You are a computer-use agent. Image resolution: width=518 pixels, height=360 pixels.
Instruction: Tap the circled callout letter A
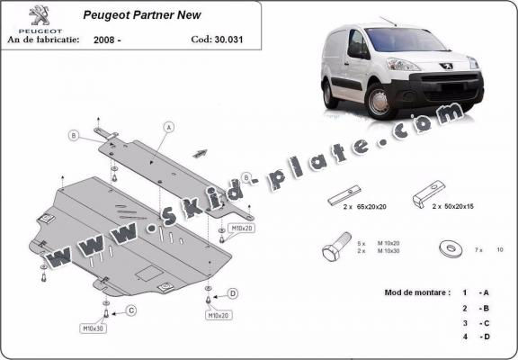pos(168,128)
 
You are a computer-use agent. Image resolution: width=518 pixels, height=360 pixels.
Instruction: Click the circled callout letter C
pos(131,311)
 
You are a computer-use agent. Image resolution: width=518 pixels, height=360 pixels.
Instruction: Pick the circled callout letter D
pos(233,293)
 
